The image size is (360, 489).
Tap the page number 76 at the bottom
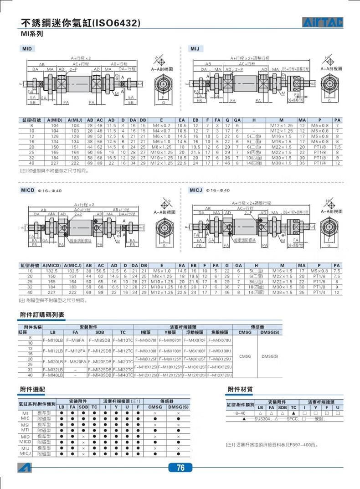180,468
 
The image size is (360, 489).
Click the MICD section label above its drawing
28,190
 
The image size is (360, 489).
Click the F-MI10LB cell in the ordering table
52,340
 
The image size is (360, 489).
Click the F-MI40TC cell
122,375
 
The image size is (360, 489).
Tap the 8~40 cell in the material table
240,413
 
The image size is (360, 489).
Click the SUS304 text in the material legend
263,419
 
